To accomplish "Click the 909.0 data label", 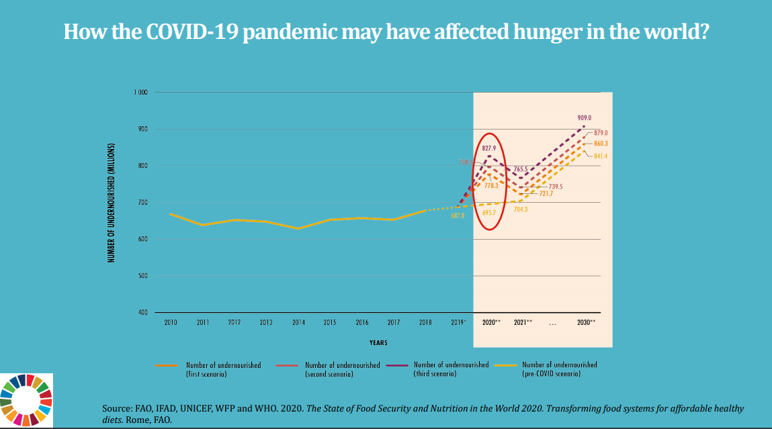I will click(585, 118).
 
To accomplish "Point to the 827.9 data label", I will click(489, 148).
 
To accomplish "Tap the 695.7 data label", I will click(489, 213).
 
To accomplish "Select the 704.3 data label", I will click(521, 209).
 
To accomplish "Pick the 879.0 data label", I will click(601, 133).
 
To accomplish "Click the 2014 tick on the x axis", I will click(298, 323).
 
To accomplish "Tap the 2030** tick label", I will click(586, 323).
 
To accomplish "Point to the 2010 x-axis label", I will click(171, 323).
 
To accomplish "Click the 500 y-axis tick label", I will click(143, 276).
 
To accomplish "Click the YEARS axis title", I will click(378, 343).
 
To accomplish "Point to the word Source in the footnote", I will click(116, 408).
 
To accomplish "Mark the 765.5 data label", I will click(521, 169).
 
